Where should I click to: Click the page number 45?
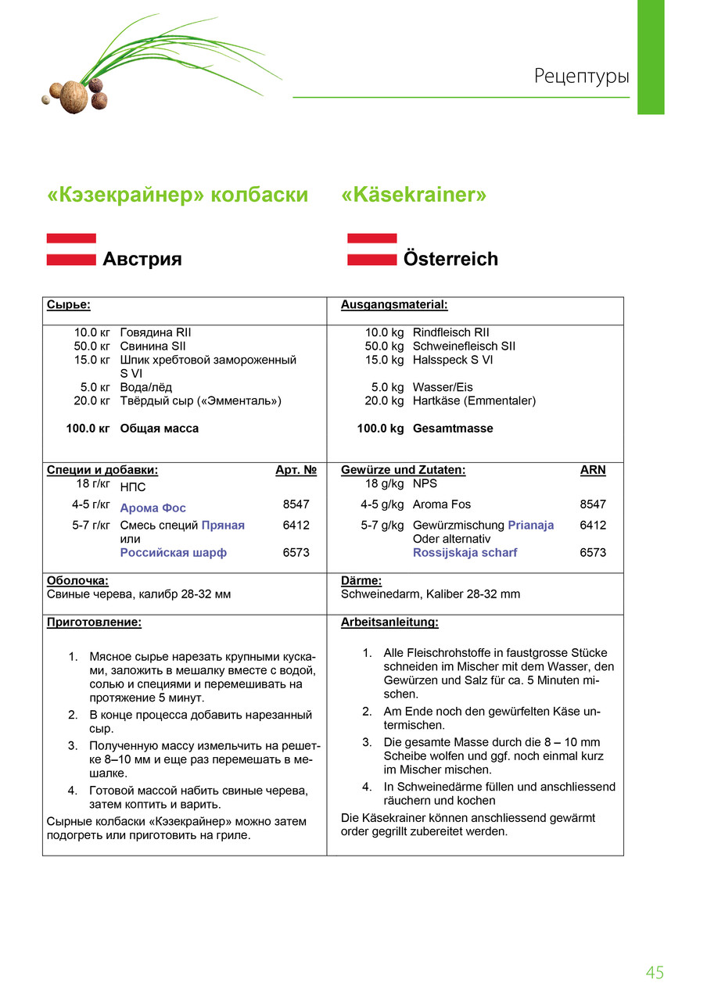click(655, 973)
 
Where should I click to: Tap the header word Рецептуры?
click(581, 77)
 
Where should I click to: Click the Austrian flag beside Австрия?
click(71, 249)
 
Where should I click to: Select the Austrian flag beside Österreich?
click(371, 249)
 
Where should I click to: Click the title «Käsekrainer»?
click(414, 195)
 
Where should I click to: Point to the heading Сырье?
click(68, 304)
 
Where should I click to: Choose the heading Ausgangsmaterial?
click(394, 304)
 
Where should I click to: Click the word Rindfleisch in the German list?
click(442, 332)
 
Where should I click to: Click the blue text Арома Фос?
click(153, 508)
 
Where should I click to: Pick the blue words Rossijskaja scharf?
click(465, 553)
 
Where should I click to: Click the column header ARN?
click(592, 470)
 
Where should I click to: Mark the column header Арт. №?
click(296, 470)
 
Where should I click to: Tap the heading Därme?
click(361, 581)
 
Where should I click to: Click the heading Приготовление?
click(94, 622)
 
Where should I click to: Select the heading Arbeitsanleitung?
click(389, 622)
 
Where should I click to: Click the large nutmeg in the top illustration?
click(74, 96)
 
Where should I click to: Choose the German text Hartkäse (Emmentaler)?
click(474, 401)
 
